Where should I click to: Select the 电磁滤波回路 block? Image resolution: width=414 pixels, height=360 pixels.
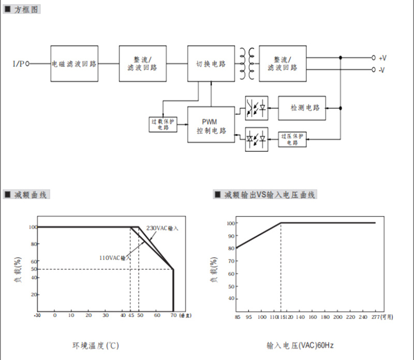pyautogui.click(x=74, y=64)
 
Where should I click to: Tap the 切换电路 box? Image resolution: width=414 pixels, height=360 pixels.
pyautogui.click(x=211, y=64)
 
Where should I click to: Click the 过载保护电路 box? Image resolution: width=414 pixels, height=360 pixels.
pyautogui.click(x=163, y=124)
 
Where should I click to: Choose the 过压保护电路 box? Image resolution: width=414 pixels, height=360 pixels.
pyautogui.click(x=292, y=139)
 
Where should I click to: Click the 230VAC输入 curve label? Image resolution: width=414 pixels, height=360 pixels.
pyautogui.click(x=162, y=228)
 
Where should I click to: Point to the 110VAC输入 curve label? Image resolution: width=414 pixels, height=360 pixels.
pyautogui.click(x=113, y=257)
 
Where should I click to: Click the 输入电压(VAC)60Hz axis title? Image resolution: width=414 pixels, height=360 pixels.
pyautogui.click(x=305, y=345)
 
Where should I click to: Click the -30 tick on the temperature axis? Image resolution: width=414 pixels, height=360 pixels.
pyautogui.click(x=37, y=315)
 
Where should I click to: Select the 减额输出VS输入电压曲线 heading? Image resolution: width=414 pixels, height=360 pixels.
pyautogui.click(x=269, y=195)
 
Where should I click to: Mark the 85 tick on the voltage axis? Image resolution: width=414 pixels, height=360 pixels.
pyautogui.click(x=238, y=317)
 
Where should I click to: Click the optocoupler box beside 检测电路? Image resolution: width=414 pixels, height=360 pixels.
pyautogui.click(x=257, y=108)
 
